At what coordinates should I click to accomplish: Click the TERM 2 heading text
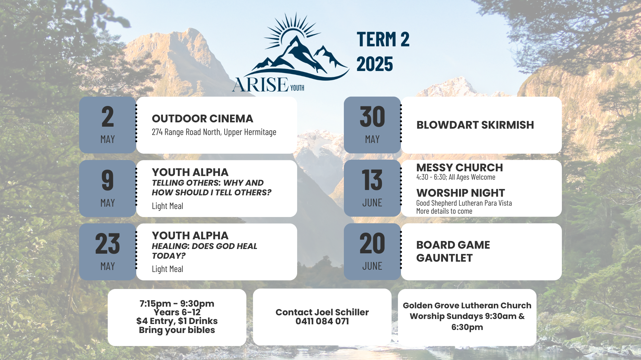point(383,39)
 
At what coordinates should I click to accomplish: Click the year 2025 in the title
point(375,64)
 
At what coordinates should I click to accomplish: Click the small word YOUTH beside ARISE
point(297,88)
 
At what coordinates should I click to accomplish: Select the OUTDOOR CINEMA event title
point(202,118)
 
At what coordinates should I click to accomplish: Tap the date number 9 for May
point(108,180)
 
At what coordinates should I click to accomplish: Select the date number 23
point(108,244)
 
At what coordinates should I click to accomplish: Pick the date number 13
point(372,180)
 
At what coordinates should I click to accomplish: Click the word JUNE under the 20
point(372,266)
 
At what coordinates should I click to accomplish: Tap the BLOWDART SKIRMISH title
point(475,125)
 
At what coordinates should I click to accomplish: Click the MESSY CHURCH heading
point(459,167)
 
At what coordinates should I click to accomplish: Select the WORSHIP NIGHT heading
point(460,193)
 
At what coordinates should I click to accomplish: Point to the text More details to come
point(444,211)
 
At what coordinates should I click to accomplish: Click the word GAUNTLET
point(444,258)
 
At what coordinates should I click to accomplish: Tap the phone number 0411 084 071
point(322,321)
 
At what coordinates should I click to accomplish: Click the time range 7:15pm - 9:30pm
point(177,304)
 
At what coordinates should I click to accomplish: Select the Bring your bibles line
point(177,330)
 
